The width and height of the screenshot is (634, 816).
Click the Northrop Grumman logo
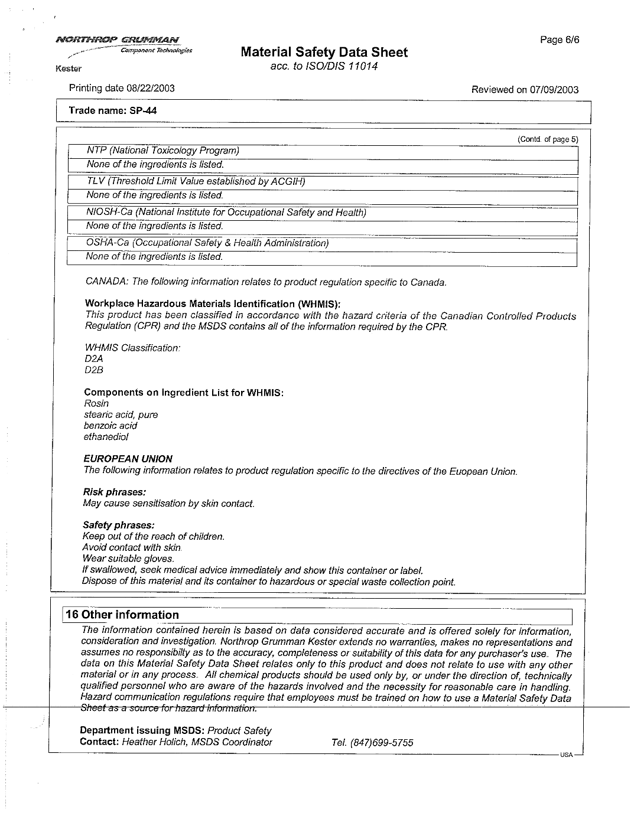(x=118, y=40)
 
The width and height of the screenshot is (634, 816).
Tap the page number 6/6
(x=560, y=40)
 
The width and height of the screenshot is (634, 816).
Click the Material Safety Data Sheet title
(x=324, y=53)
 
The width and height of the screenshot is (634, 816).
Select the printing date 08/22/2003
(x=147, y=89)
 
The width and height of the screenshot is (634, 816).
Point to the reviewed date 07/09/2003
(x=554, y=90)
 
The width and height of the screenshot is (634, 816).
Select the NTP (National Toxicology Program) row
(x=162, y=151)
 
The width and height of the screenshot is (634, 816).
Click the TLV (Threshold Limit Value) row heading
(x=196, y=181)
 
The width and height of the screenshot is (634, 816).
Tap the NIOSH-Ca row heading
(x=226, y=212)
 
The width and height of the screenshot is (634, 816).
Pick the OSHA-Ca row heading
(x=207, y=243)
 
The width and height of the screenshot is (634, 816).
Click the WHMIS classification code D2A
(x=94, y=358)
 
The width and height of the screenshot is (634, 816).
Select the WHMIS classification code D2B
(x=94, y=370)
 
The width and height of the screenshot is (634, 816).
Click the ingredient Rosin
(x=96, y=403)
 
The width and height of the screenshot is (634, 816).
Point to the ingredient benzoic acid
(x=110, y=426)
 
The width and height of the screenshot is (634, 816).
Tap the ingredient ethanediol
(x=106, y=437)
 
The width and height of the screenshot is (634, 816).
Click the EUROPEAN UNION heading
(x=128, y=459)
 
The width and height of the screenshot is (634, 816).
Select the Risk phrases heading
(x=114, y=492)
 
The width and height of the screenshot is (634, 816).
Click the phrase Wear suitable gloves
(x=128, y=559)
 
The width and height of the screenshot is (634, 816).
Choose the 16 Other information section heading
(x=122, y=615)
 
